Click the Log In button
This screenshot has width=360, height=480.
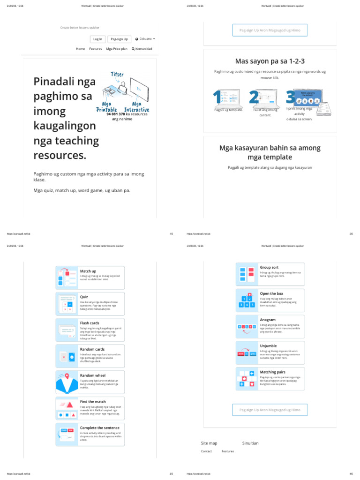[x=97, y=39]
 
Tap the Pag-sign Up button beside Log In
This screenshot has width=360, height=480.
[x=119, y=39]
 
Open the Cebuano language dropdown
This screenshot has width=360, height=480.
[x=145, y=39]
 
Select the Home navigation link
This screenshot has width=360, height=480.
[x=81, y=49]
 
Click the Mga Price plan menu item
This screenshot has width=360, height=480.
[x=117, y=49]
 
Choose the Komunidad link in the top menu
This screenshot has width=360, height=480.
[x=142, y=49]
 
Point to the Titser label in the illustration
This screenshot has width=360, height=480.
[x=117, y=75]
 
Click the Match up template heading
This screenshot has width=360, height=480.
[x=88, y=271]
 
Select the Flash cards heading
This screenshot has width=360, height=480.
[x=90, y=323]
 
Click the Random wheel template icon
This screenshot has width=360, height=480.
[x=66, y=382]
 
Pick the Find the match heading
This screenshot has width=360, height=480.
[x=93, y=402]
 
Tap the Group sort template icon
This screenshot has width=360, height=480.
[x=246, y=274]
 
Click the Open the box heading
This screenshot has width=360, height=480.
[x=271, y=293]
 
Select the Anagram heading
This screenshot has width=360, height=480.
[x=268, y=320]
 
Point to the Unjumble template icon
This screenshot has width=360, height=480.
[x=246, y=353]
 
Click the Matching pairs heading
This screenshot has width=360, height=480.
[x=272, y=372]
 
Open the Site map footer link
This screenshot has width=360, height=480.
[x=209, y=443]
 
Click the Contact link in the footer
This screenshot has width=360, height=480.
[x=206, y=451]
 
